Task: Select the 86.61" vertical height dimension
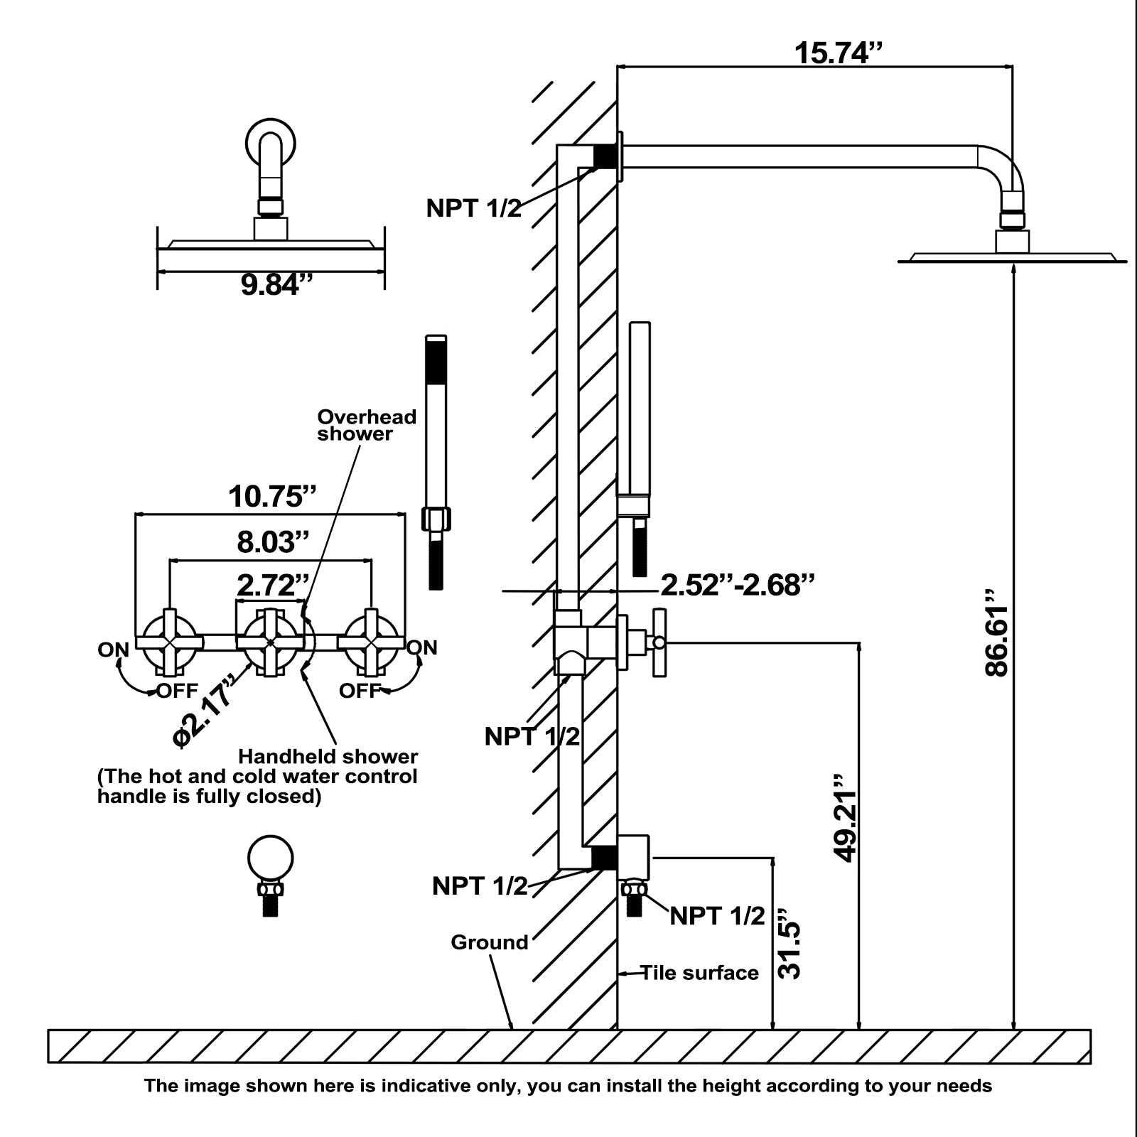[996, 642]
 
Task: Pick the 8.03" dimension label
[273, 541]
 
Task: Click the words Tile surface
[699, 973]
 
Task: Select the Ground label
[490, 942]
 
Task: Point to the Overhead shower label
[366, 425]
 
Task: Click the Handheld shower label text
[328, 756]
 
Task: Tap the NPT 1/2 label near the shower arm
[473, 208]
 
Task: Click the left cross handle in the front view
[169, 642]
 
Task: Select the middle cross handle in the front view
[270, 642]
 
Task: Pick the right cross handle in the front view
[370, 642]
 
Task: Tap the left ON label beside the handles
[113, 650]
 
